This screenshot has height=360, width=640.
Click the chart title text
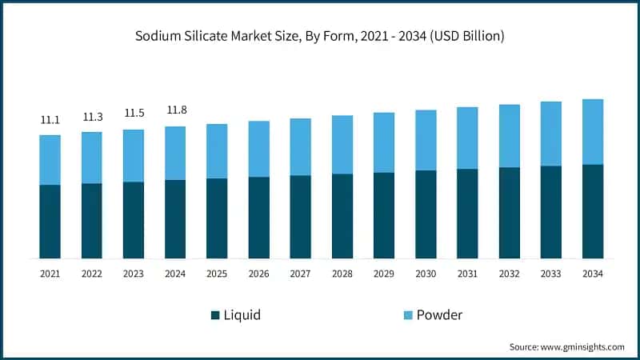(320, 36)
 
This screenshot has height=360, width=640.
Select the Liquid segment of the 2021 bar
(50, 222)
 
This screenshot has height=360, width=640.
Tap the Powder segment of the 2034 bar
(592, 132)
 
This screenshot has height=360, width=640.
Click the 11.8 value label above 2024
(175, 109)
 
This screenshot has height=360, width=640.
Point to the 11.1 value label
(50, 119)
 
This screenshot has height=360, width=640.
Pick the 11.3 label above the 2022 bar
(92, 117)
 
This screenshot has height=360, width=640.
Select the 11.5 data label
(134, 114)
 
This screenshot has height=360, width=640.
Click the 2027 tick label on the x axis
(300, 274)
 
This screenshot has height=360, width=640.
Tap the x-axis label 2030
(426, 274)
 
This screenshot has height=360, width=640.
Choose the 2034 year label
(592, 274)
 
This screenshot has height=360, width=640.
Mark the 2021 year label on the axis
(50, 274)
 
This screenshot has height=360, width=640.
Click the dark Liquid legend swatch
(215, 315)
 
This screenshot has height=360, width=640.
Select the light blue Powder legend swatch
(404, 315)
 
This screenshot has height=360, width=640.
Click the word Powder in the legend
(439, 315)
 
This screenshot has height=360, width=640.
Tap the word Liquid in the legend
(242, 315)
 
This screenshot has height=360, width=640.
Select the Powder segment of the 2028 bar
(342, 145)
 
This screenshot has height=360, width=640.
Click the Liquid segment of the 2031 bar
(467, 214)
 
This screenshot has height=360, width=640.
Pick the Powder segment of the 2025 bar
(217, 151)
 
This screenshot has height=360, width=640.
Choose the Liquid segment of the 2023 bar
(134, 220)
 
